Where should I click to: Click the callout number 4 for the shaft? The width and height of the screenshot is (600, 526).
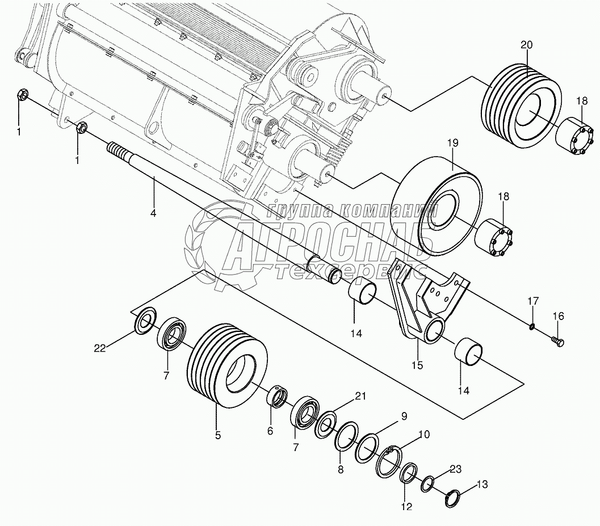(153, 214)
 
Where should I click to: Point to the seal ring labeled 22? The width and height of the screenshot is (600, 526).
(146, 321)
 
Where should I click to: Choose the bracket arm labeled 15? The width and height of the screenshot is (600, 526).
(426, 306)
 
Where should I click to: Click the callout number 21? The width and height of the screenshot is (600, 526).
(361, 396)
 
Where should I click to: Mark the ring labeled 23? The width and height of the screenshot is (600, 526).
(429, 484)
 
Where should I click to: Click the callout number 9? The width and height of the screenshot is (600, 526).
(404, 416)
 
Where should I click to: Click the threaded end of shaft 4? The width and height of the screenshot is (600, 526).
(116, 151)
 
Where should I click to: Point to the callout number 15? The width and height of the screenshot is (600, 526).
(417, 366)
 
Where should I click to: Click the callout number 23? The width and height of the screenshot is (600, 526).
(456, 469)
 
